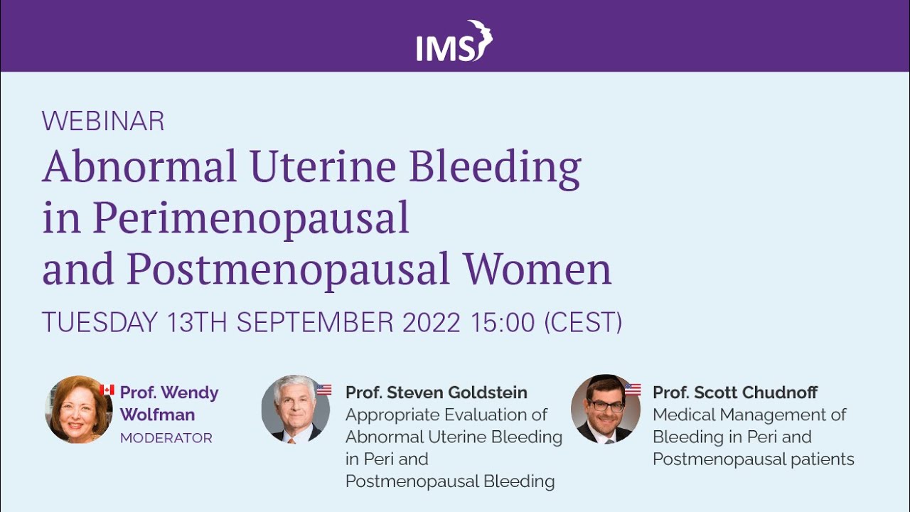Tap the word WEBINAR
click(x=103, y=122)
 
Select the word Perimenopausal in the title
click(x=251, y=219)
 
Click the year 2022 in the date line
click(x=432, y=323)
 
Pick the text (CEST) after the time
click(x=583, y=323)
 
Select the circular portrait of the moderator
click(x=79, y=410)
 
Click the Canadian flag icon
click(x=107, y=390)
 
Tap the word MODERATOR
click(x=166, y=438)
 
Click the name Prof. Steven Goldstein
click(x=437, y=393)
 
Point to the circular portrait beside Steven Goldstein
click(x=295, y=410)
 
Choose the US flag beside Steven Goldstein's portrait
click(x=324, y=390)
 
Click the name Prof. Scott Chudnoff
click(x=735, y=393)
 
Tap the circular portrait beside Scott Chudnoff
click(x=605, y=410)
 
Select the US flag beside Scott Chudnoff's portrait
click(x=633, y=390)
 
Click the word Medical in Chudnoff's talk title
click(x=683, y=415)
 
